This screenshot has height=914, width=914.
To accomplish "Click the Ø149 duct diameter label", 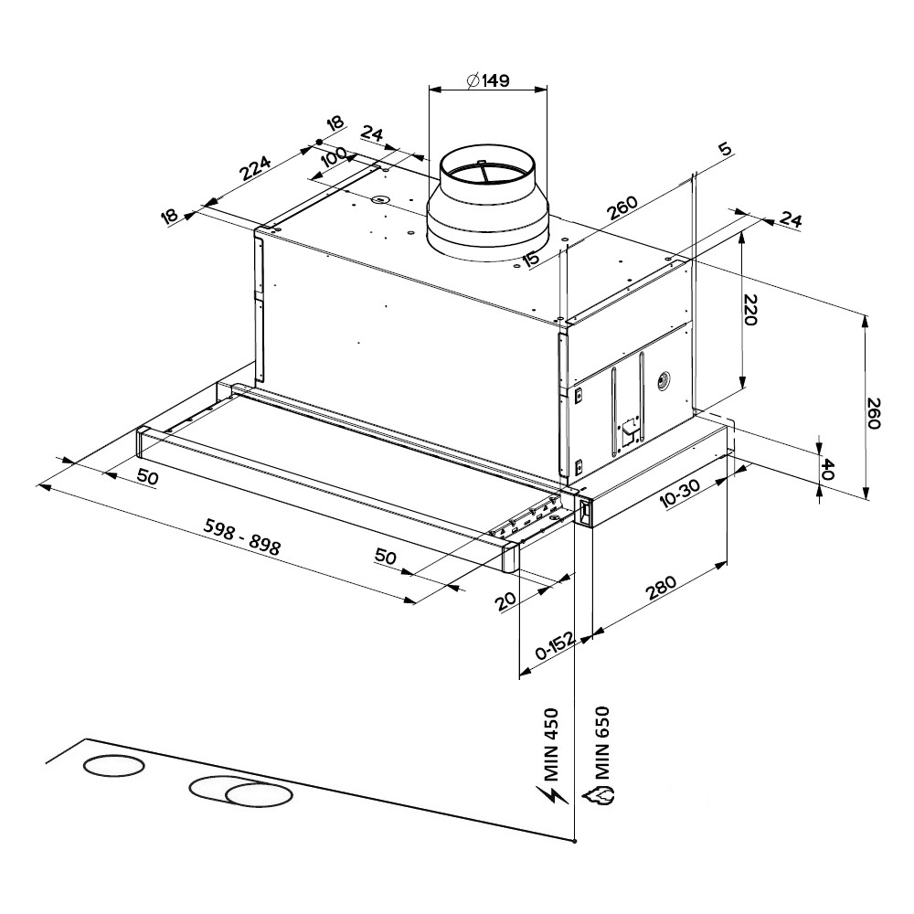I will (x=487, y=80).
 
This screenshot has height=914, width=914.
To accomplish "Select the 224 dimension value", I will (x=255, y=168).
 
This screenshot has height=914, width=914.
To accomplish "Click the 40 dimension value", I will (x=828, y=469).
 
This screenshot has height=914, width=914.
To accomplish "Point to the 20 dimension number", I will (x=508, y=598).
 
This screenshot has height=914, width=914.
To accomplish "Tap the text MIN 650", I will (x=600, y=742).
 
